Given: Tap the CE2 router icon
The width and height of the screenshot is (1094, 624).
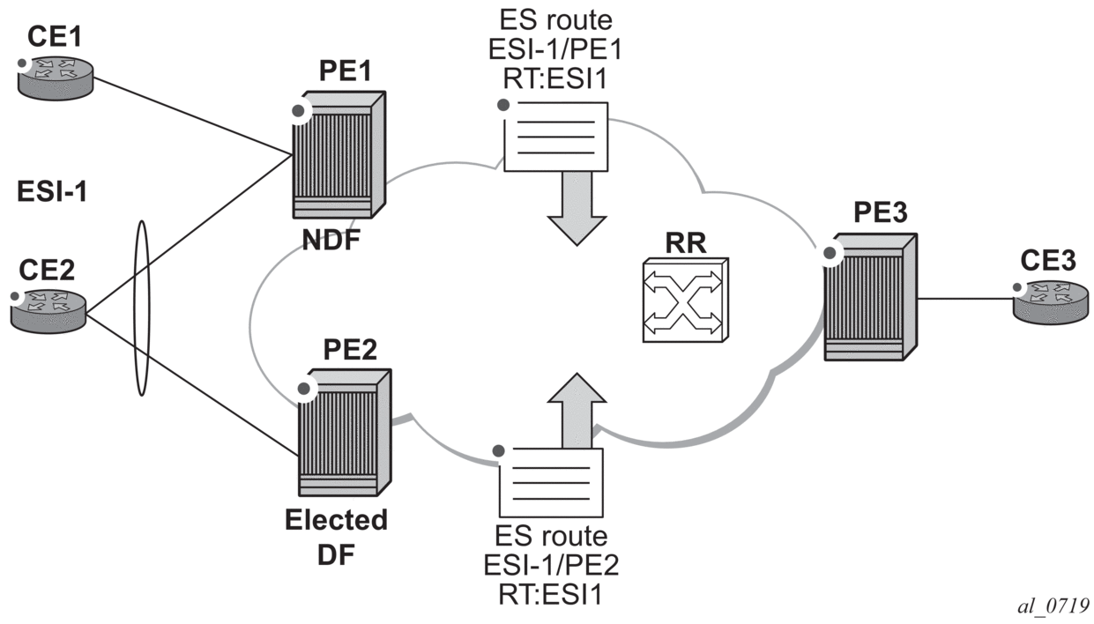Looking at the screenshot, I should [49, 307].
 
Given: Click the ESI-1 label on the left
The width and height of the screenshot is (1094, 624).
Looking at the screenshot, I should [52, 192].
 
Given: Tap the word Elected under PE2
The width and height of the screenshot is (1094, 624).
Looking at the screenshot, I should [335, 521].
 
